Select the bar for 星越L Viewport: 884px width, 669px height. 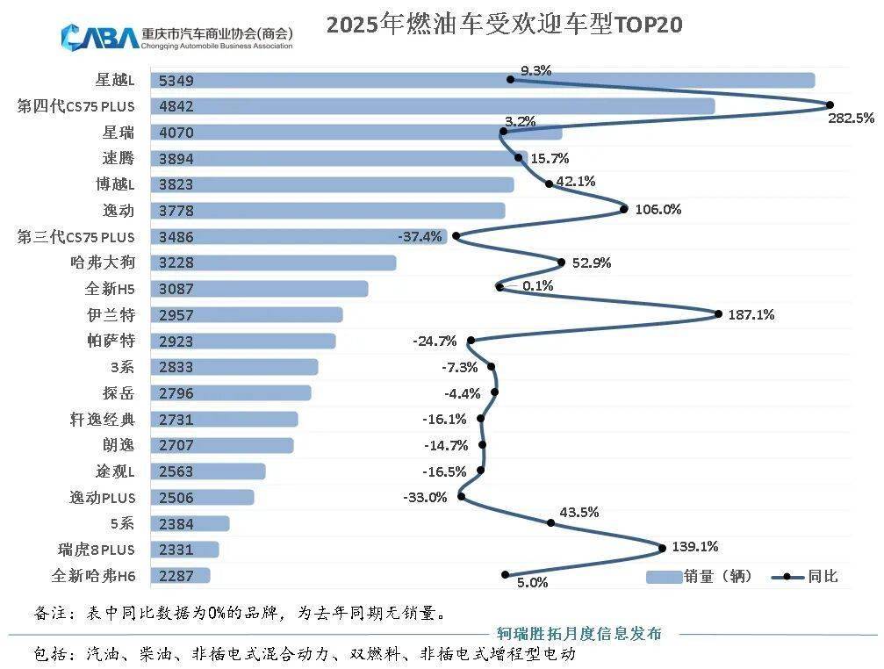pos(483,81)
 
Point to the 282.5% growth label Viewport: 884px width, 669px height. pos(851,118)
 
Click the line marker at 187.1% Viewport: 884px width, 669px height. pos(718,313)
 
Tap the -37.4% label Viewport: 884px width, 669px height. pos(420,236)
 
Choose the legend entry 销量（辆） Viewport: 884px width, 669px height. pos(697,576)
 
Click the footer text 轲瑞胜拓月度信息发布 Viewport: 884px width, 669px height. pos(579,634)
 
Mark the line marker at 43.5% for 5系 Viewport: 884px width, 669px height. pos(550,522)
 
